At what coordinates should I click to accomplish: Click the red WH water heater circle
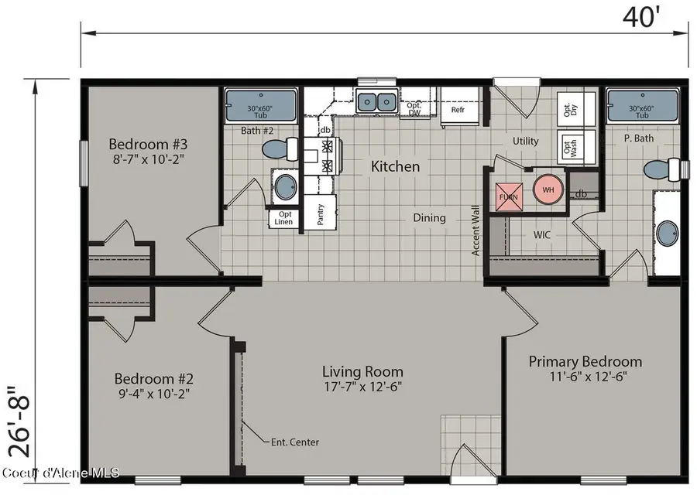click(548, 189)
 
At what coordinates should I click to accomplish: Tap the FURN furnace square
click(510, 196)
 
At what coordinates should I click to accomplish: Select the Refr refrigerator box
click(459, 107)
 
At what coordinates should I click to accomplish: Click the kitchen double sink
click(376, 101)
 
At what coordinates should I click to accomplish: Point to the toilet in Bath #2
click(280, 149)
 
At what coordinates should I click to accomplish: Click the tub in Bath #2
click(260, 106)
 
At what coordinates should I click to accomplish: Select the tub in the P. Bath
click(642, 106)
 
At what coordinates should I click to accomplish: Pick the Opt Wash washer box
click(569, 147)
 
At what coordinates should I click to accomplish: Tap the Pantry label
click(321, 214)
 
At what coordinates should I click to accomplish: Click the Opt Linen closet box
click(284, 218)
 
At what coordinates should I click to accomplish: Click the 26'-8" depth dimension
click(19, 421)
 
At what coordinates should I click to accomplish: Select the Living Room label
click(362, 371)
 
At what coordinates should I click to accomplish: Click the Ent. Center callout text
click(295, 442)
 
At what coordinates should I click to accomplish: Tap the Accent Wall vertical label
click(476, 230)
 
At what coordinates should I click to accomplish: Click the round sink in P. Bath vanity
click(668, 233)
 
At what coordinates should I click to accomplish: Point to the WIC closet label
click(542, 235)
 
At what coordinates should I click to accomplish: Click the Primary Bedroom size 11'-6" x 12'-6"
click(588, 377)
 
